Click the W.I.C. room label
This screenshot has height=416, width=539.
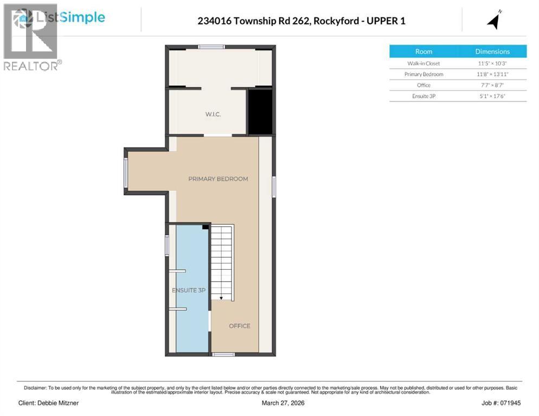213,114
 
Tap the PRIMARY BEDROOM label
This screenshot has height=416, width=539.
218,179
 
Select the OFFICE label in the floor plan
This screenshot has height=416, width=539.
239,326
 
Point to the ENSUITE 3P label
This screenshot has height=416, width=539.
188,290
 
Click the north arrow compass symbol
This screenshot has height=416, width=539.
493,20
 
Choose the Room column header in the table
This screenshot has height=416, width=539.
424,51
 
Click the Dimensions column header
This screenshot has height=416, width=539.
492,51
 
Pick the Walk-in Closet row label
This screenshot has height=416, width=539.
424,63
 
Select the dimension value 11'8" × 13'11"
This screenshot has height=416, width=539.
492,74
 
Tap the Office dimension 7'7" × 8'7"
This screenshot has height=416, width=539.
492,85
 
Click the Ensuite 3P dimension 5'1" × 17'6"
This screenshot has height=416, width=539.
492,96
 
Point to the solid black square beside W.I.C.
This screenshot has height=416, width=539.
260,112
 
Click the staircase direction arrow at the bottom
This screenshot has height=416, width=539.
221,297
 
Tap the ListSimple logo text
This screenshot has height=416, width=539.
70,17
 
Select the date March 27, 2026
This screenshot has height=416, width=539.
269,403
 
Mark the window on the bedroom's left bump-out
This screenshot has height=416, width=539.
126,172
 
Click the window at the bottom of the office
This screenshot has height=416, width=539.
223,354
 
